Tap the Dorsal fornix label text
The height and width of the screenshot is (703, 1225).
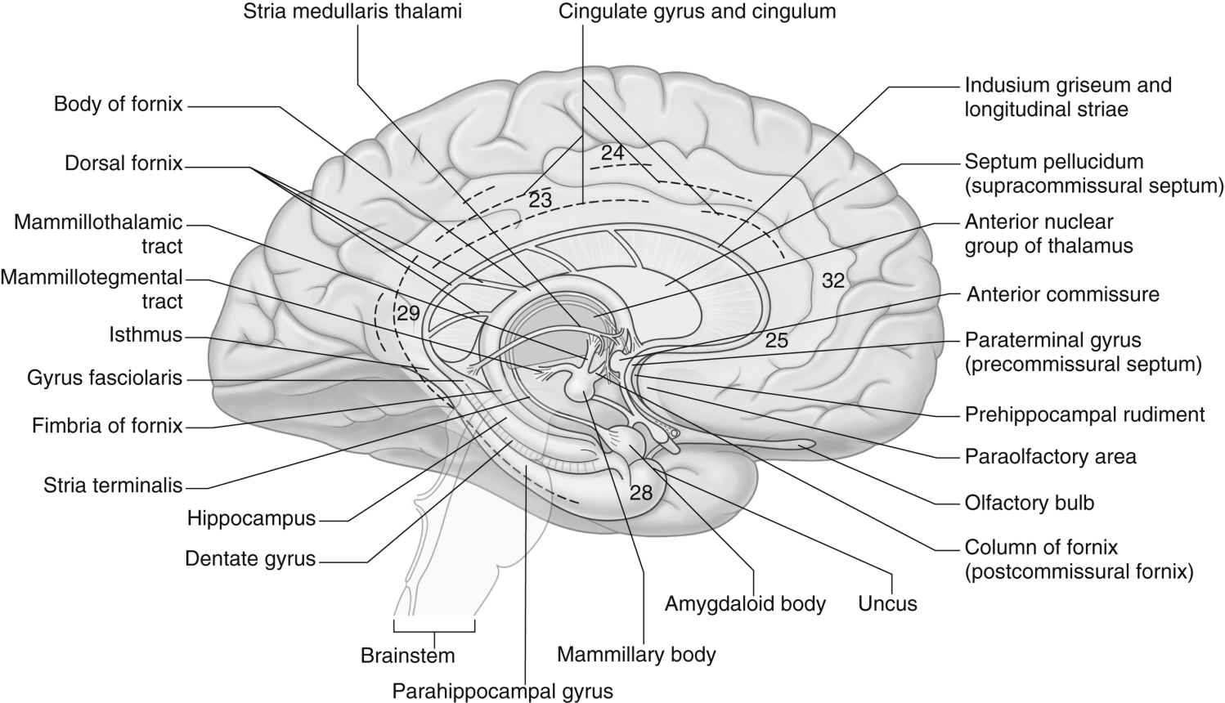pos(123,163)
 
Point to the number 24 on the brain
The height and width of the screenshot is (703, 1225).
pos(612,152)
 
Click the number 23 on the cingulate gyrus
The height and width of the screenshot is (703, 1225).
pos(541,199)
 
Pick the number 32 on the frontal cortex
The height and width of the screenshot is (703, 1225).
pos(832,280)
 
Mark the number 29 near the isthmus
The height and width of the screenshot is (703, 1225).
pos(408,311)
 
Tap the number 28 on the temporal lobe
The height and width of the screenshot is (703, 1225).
pos(642,492)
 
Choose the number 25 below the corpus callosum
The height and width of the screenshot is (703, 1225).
pos(776,340)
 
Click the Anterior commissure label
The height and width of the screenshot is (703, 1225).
pos(1062,294)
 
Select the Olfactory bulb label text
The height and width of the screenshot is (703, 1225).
pos(1029,502)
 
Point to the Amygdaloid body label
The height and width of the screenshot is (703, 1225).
pos(745,604)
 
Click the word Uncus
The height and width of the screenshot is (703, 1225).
pos(887,604)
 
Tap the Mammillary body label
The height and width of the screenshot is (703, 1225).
pos(636,654)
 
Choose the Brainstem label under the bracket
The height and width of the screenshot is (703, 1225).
pos(407,656)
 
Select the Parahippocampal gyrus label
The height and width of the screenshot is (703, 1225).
pos(502,692)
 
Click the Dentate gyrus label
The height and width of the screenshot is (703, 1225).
pos(250,559)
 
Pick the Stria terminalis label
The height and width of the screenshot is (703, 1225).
pos(113,486)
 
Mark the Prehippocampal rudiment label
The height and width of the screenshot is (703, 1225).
pos(1084,414)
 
